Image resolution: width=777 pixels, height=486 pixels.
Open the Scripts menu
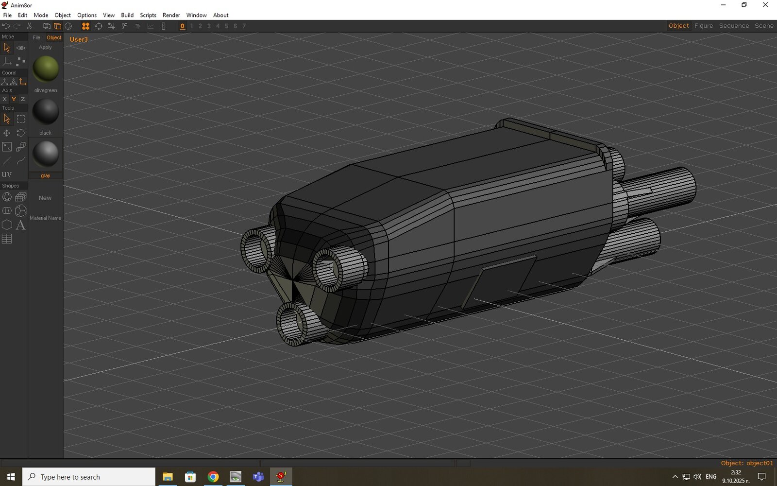[148, 15]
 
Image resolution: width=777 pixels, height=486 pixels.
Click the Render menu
[171, 15]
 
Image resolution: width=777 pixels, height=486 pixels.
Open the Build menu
[127, 15]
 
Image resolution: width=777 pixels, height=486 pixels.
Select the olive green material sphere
[46, 69]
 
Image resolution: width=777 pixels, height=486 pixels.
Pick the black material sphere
[46, 111]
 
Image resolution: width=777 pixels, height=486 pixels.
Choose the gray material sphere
[46, 154]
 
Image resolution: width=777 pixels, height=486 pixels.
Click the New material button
[45, 198]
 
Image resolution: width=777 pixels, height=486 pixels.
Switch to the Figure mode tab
[704, 26]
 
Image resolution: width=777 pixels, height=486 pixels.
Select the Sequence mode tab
[734, 26]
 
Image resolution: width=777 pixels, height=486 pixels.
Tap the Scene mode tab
[764, 26]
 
